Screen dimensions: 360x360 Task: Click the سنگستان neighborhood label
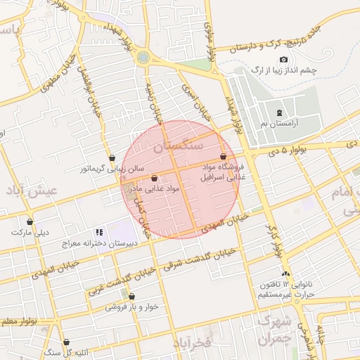point(178,146)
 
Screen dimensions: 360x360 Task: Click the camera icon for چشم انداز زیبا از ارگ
point(283,60)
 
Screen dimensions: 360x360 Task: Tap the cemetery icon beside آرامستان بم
point(280,112)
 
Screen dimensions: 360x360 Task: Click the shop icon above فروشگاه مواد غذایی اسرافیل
point(223,157)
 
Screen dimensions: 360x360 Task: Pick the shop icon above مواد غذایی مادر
point(154,178)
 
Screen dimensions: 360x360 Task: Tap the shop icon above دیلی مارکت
point(30,221)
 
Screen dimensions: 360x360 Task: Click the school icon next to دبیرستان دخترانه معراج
point(99,231)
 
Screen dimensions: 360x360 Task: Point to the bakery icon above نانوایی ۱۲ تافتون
point(285,274)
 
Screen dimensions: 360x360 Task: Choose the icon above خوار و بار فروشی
point(124,295)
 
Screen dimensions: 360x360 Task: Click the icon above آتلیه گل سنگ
point(67,342)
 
